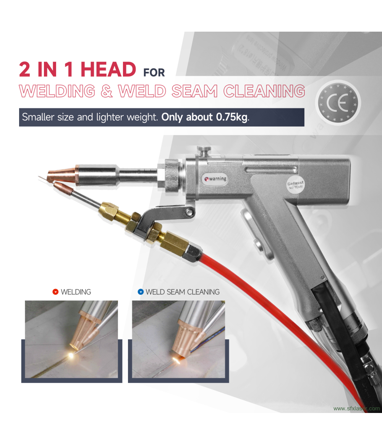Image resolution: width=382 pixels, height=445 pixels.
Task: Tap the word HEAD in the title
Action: (108, 69)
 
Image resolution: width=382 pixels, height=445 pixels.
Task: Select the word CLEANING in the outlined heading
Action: (264, 91)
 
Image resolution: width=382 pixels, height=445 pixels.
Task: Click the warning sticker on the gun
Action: (215, 178)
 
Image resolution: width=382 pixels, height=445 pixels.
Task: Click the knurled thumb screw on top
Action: (202, 150)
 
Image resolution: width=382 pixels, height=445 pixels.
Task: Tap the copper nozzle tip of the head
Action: (62, 175)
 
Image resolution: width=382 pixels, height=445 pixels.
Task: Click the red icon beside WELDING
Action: (55, 292)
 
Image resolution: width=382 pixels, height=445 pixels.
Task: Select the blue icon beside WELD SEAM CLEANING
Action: (140, 292)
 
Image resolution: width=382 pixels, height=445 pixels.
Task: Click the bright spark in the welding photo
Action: (70, 356)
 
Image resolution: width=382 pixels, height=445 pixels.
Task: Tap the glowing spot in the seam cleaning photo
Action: (175, 360)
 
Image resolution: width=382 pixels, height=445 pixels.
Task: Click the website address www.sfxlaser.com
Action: (356, 408)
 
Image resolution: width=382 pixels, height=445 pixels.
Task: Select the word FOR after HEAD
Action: (154, 72)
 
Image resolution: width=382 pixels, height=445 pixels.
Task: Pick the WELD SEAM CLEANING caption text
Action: (183, 292)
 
